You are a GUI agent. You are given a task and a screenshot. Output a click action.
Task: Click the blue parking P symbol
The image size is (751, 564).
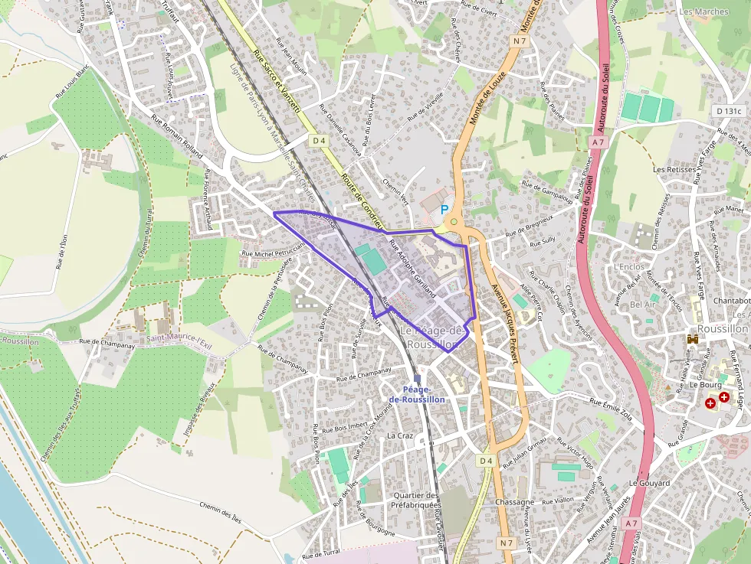tap(444, 209)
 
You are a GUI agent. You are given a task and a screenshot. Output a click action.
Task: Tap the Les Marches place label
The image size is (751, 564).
tap(703, 11)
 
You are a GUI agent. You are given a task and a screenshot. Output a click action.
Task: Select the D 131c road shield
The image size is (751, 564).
tap(729, 111)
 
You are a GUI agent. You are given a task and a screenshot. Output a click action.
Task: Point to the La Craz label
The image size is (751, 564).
tap(400, 435)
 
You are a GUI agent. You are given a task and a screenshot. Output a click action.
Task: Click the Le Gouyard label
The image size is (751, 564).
tap(649, 483)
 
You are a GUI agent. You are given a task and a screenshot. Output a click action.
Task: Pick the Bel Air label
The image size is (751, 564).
tap(642, 305)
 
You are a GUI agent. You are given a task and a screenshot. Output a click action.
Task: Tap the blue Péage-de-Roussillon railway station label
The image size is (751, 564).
tap(417, 394)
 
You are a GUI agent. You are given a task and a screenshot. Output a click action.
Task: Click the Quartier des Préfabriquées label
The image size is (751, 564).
tap(415, 500)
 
